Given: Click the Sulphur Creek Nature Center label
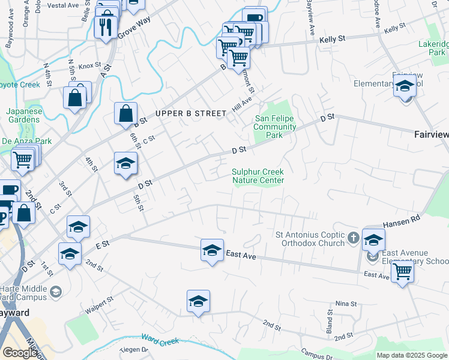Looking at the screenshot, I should pos(258,176).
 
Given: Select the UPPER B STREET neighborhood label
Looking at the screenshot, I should pos(190,113).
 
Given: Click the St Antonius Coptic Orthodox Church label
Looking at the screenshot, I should pos(310,238).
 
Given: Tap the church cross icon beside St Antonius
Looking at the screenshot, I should pos(354,238).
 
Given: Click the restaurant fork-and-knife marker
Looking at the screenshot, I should pos(106,27).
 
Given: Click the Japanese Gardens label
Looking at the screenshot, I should pos(23,115).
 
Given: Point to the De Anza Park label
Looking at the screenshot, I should pos(26,141).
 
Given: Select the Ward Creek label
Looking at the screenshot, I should pos(160,341).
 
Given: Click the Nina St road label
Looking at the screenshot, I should pos(346,304).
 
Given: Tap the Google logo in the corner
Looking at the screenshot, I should pos(19,353).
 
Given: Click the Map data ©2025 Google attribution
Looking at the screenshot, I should pos(412,355).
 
